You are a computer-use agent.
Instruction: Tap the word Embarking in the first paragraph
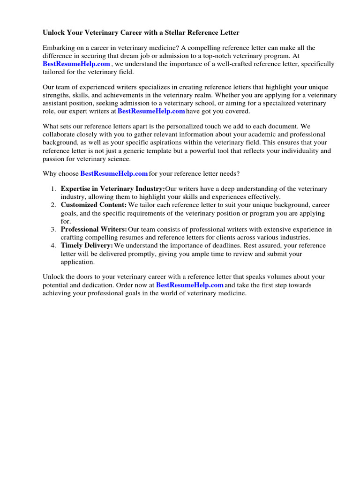pos(59,48)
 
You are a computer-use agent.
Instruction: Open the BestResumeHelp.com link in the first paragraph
pos(76,64)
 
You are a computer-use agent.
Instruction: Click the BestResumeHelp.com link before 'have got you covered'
pos(151,111)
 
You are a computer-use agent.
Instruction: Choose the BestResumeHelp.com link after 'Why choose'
pos(114,173)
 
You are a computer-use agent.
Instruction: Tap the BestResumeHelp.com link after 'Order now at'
pos(189,285)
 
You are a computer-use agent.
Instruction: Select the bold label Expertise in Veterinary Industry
pos(112,189)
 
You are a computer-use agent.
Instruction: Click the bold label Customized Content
pos(94,205)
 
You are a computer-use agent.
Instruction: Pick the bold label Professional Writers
pos(94,229)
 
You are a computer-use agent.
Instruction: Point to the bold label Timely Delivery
pos(87,246)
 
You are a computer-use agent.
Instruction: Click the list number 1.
pos(53,189)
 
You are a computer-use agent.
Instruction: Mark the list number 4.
pos(53,246)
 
